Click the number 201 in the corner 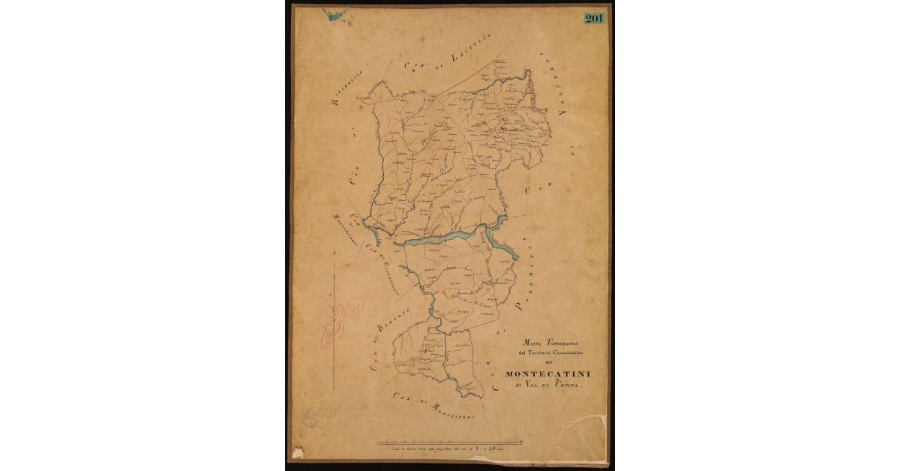click(x=594, y=18)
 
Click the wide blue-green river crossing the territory click(x=439, y=239)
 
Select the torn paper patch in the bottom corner click(x=582, y=439)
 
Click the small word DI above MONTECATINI click(x=545, y=362)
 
